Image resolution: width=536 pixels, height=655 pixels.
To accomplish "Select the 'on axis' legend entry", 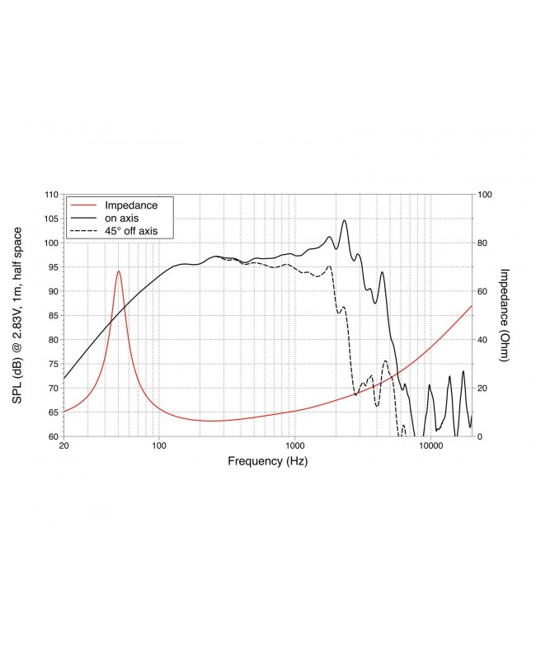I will point(120,217).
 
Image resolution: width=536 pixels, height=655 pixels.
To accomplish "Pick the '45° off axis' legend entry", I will point(130,230).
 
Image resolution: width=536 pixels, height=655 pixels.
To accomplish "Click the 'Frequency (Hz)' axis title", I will point(267,461).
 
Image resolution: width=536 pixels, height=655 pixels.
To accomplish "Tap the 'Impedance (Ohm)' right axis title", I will point(505,314).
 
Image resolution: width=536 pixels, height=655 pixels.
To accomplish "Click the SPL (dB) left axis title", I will point(17,314).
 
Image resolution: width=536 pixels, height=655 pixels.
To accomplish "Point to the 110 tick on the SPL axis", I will point(52,195).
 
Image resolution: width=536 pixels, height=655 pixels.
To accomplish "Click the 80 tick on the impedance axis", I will point(483,243).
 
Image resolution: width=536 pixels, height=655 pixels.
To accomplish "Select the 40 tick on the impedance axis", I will point(483,339).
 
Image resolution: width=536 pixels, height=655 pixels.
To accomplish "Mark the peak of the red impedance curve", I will point(119,271).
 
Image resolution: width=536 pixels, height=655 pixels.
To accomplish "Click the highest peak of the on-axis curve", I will point(344,220).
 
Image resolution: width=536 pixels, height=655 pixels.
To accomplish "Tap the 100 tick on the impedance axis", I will point(486,195).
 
